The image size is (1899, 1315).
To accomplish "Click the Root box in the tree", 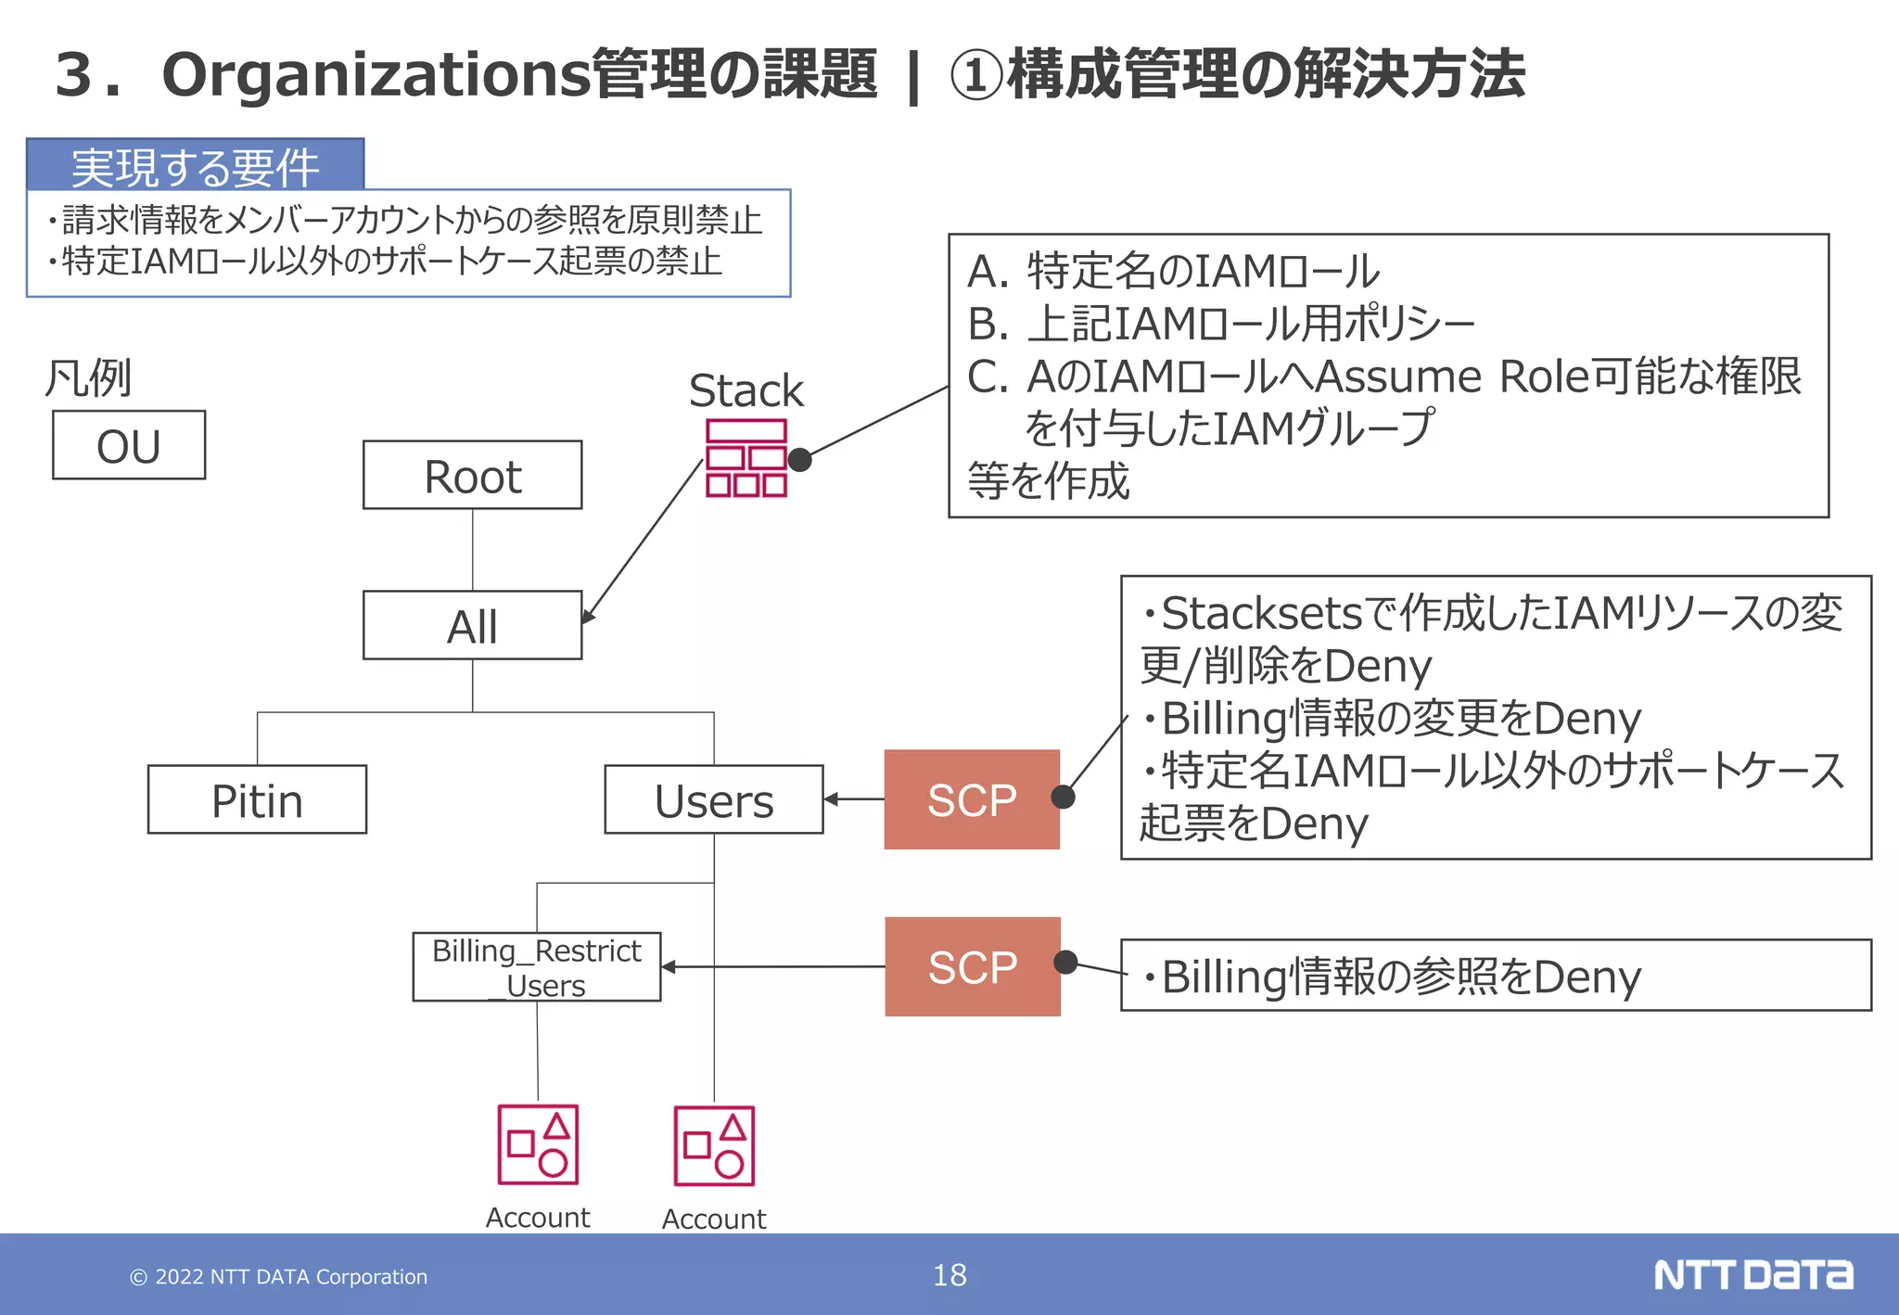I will click(x=472, y=475).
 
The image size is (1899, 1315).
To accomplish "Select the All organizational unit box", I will click(x=472, y=625).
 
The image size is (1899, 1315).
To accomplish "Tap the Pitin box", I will click(x=257, y=799).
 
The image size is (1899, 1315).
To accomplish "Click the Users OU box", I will click(x=713, y=799).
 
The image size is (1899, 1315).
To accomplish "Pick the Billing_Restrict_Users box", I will click(x=536, y=966).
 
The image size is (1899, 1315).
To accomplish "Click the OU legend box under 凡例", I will click(x=129, y=445).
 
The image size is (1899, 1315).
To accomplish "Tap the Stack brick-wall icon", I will click(x=746, y=458).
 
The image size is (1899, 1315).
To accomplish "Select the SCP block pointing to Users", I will click(x=971, y=799).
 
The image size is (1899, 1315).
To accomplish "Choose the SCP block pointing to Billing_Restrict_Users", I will click(x=972, y=966).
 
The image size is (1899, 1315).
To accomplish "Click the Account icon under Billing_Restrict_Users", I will click(x=538, y=1144).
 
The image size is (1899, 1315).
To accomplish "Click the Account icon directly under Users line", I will click(x=714, y=1146).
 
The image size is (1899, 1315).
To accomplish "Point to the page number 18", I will click(x=949, y=1275).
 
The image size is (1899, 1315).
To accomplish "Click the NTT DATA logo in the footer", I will click(x=1752, y=1275).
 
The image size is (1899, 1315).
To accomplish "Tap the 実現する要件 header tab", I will click(x=195, y=165).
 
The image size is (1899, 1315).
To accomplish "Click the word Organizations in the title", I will click(x=376, y=74).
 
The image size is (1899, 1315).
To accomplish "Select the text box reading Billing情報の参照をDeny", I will click(x=1495, y=976).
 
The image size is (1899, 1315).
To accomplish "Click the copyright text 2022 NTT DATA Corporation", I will click(x=278, y=1277).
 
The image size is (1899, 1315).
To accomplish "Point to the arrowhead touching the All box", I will click(x=587, y=618).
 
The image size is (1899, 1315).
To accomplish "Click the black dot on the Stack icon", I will click(x=799, y=459).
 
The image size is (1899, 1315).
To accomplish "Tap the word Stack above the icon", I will click(x=746, y=390).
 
